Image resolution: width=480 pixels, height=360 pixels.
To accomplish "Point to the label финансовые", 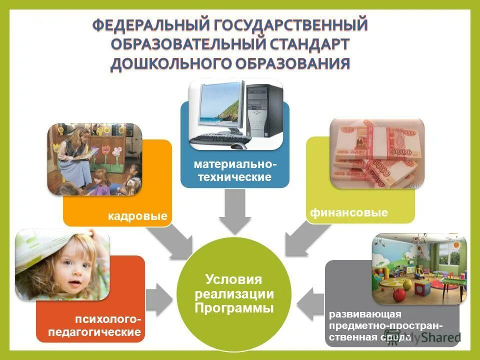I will click(x=349, y=213).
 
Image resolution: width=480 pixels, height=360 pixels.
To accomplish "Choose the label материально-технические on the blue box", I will click(x=234, y=170).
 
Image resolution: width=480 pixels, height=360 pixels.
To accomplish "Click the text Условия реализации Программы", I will click(x=234, y=293).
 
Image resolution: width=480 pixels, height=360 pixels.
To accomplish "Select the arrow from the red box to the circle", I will click(x=159, y=299).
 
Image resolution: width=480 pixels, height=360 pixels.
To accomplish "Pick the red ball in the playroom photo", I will click(x=398, y=295).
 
